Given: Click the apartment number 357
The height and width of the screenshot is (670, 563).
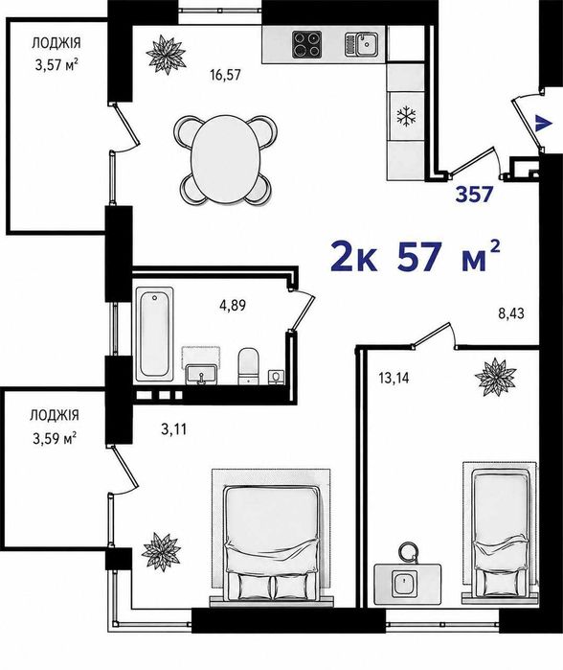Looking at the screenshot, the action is point(475,195).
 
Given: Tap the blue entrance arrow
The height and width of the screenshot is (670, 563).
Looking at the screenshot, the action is point(543,123).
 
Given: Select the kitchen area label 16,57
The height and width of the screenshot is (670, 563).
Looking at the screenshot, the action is point(225,75).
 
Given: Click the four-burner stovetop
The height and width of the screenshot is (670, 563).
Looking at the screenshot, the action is point(307,44).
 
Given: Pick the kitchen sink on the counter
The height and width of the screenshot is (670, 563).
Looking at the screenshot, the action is point(361,44).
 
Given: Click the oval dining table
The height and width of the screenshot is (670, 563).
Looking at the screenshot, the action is point(225,160).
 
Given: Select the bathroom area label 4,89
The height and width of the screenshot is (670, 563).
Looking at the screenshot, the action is point(233,306).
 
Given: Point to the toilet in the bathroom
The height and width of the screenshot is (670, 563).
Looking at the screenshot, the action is point(248,366).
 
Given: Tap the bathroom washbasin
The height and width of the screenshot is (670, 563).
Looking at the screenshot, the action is point(202,375).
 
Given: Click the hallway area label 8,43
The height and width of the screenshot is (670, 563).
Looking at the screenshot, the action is point(511,314).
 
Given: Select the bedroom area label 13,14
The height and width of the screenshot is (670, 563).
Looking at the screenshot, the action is point(394,378).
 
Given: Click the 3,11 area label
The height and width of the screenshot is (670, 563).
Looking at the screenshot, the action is point(174,428).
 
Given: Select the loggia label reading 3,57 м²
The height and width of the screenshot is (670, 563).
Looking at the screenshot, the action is point(56,66).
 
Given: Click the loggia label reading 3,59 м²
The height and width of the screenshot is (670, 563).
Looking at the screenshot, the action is point(55,438).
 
